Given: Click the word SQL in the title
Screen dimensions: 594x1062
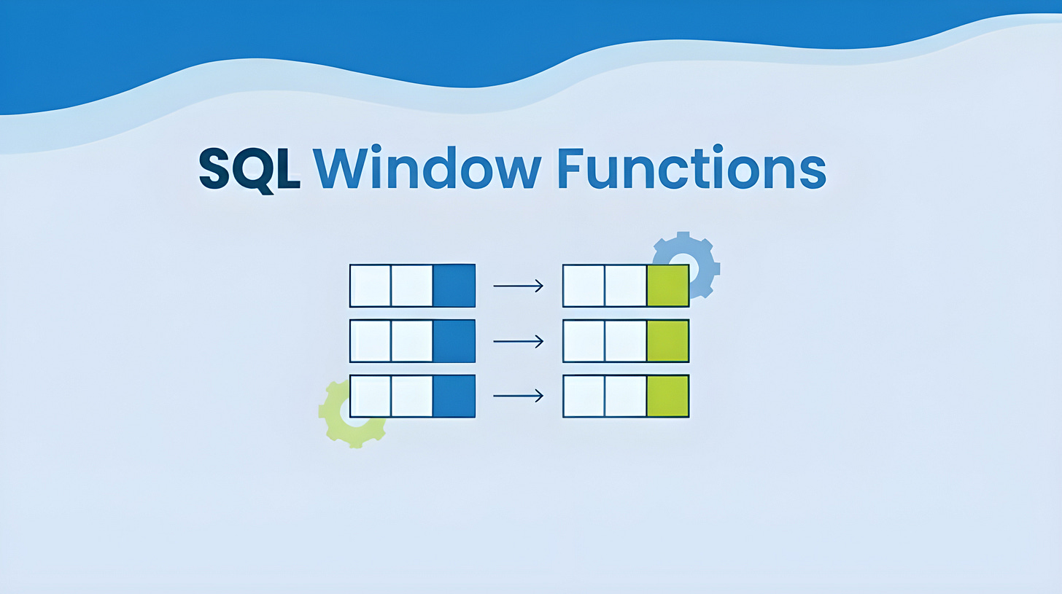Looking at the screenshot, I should [249, 170].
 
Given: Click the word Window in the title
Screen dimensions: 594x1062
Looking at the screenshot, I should [427, 170].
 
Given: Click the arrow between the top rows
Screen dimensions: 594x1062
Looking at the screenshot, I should [518, 286].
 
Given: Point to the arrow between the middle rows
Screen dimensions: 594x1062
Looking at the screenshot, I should [518, 340].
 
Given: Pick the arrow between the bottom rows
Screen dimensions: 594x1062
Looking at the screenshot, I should [518, 396].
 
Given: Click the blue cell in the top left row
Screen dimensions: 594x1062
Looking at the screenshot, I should [454, 286].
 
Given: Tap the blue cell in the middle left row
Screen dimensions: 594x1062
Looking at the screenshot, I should [454, 340].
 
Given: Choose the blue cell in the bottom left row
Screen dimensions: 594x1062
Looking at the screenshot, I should [454, 396].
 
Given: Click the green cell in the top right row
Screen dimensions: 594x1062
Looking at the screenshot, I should [667, 286].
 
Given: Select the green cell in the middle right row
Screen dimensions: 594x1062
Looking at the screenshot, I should [667, 340].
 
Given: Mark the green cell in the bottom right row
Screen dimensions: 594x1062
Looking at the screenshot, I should [667, 396].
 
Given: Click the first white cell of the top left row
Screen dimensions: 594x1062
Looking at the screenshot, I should [371, 286].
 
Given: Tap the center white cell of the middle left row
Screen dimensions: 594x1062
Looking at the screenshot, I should [412, 340].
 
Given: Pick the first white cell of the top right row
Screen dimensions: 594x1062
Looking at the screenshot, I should [584, 286].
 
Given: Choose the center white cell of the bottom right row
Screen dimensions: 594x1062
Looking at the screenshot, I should [625, 396].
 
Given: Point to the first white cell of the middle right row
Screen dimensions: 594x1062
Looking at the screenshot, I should [584, 340].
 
